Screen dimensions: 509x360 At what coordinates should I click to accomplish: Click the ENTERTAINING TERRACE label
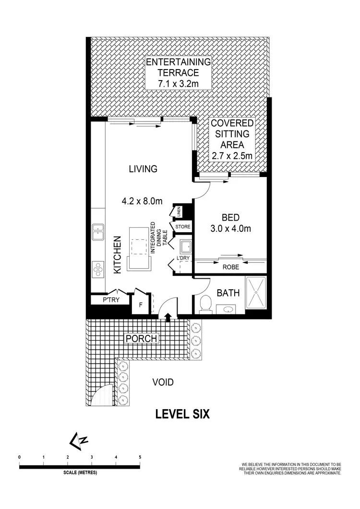(x=178, y=68)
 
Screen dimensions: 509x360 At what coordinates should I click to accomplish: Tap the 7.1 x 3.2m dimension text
(x=178, y=84)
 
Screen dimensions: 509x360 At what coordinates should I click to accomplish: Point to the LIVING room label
(x=143, y=169)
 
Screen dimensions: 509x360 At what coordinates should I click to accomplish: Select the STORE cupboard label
(x=183, y=226)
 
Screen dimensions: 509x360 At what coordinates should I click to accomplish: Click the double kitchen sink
(x=98, y=232)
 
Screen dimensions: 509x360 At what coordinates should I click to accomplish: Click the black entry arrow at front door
(x=168, y=316)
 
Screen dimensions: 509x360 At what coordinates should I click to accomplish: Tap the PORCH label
(x=142, y=339)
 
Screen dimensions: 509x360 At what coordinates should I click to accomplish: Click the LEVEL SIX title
(x=182, y=414)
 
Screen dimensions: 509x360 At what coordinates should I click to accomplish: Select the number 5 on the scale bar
(x=140, y=457)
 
